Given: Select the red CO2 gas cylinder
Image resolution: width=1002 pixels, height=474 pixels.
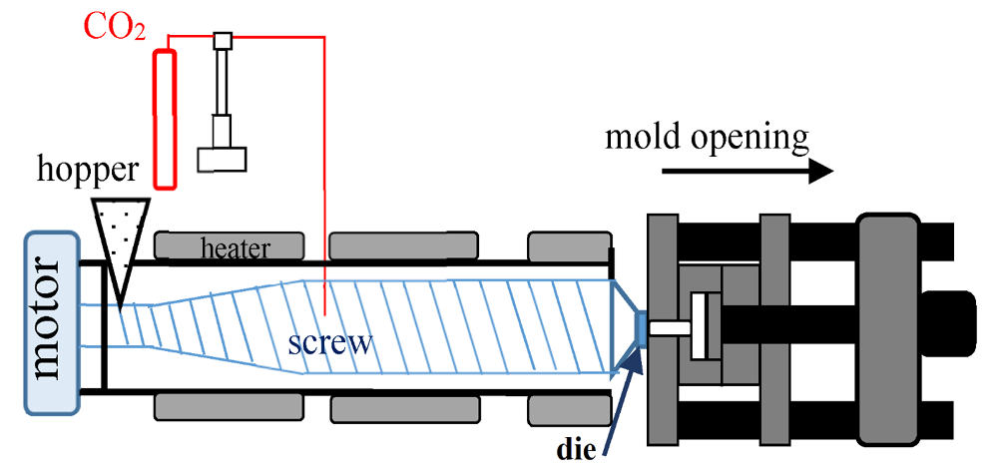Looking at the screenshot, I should coord(165,118).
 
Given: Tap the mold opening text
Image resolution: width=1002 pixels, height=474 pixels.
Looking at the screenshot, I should coord(706,136).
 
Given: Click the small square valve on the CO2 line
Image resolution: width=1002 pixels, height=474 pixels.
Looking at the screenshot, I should coord(223,39).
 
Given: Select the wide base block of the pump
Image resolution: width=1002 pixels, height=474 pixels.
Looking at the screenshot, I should coord(222,160).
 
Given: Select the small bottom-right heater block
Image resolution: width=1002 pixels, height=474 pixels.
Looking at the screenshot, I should coord(567,409).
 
